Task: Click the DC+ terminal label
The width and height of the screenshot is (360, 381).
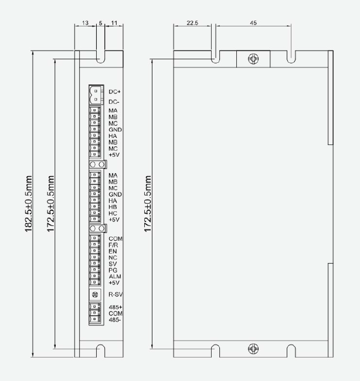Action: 114,92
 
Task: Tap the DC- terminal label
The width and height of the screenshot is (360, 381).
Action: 114,102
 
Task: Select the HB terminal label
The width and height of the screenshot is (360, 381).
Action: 113,207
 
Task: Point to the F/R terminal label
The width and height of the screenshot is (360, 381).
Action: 113,245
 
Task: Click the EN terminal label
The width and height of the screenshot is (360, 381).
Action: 113,251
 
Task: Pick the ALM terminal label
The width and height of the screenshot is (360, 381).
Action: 115,277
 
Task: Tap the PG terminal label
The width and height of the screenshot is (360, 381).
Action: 113,270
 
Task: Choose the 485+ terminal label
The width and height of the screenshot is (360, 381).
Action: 116,308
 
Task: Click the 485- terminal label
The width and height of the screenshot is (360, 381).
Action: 114,320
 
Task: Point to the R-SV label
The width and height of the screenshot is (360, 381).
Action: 116,295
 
